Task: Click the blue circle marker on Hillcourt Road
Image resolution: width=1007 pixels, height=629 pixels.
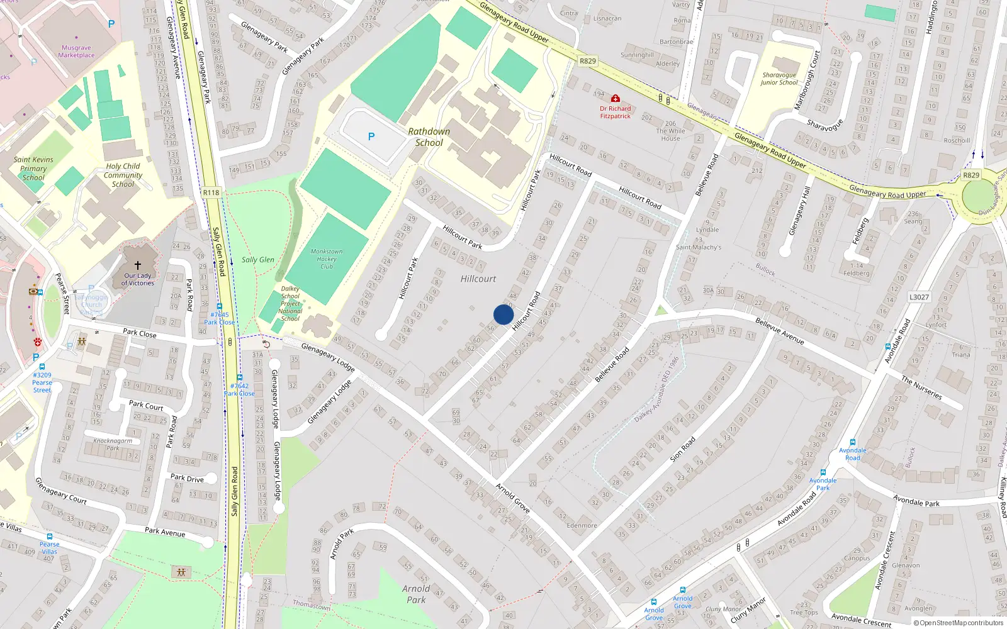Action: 503,314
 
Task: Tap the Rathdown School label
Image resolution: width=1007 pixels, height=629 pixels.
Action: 429,137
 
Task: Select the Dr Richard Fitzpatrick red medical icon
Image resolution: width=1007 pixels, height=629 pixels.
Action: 616,99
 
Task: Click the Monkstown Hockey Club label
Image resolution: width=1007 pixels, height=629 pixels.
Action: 327,259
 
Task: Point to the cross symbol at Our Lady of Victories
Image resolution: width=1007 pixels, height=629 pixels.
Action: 138,265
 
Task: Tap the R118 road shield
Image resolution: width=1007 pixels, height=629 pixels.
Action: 211,192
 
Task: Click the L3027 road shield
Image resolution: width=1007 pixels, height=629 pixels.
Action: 919,297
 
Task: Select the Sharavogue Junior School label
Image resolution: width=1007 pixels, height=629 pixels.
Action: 779,79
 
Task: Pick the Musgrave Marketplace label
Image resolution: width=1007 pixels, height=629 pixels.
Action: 76,52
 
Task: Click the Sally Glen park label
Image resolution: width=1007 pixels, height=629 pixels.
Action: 257,260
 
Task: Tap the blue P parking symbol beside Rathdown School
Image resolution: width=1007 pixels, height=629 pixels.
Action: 371,136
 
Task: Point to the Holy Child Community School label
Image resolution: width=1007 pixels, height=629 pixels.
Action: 123,175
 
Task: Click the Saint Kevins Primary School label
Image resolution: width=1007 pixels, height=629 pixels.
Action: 33,169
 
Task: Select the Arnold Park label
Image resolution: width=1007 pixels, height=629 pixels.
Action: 416,594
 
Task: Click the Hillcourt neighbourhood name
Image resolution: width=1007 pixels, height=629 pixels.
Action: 478,279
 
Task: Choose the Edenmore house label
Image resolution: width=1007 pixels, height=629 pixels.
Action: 582,525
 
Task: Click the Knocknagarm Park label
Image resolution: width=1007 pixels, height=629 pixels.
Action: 113,444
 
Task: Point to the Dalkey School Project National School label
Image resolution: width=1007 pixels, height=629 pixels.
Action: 290,304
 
